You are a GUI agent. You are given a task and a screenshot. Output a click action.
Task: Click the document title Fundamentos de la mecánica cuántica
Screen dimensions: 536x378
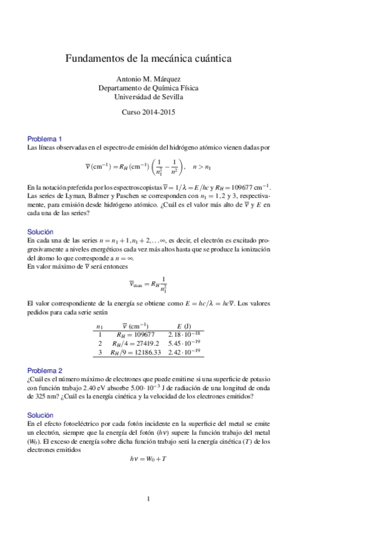(149, 58)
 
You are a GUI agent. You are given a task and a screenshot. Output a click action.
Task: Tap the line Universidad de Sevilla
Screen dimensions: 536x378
(148, 97)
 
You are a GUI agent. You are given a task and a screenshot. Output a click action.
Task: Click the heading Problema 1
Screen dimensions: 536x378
(44, 138)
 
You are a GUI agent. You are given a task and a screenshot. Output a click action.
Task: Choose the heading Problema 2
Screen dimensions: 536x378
(44, 370)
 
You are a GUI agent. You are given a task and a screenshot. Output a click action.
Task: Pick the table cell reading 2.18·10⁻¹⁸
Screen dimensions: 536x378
(184, 334)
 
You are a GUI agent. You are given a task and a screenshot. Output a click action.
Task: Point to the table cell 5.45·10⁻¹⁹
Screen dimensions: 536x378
(184, 343)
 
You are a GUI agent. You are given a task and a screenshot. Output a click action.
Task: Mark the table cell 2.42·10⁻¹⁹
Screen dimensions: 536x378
(184, 352)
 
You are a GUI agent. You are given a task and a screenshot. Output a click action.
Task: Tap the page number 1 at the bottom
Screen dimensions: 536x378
(148, 499)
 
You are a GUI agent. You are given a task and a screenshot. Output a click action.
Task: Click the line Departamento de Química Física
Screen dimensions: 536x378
(148, 88)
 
